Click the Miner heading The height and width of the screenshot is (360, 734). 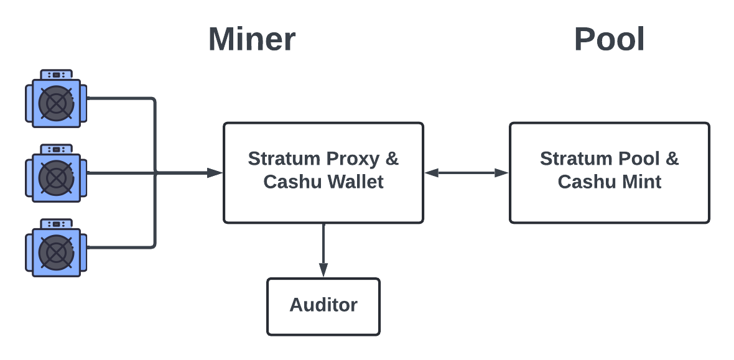252,39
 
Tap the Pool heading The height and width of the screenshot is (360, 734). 609,39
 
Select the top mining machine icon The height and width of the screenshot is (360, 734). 56,98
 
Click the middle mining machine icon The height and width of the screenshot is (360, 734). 56,173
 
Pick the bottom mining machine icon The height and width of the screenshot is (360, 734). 56,247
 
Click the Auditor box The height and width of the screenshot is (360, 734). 323,307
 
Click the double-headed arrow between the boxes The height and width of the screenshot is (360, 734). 467,173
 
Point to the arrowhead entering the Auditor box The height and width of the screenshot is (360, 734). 323,270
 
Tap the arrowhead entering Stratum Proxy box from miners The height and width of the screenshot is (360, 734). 215,173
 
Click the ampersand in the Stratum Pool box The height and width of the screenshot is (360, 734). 672,159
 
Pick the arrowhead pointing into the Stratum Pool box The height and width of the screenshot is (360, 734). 501,173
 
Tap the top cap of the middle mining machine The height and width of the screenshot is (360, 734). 56,149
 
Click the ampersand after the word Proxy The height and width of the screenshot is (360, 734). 391,159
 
